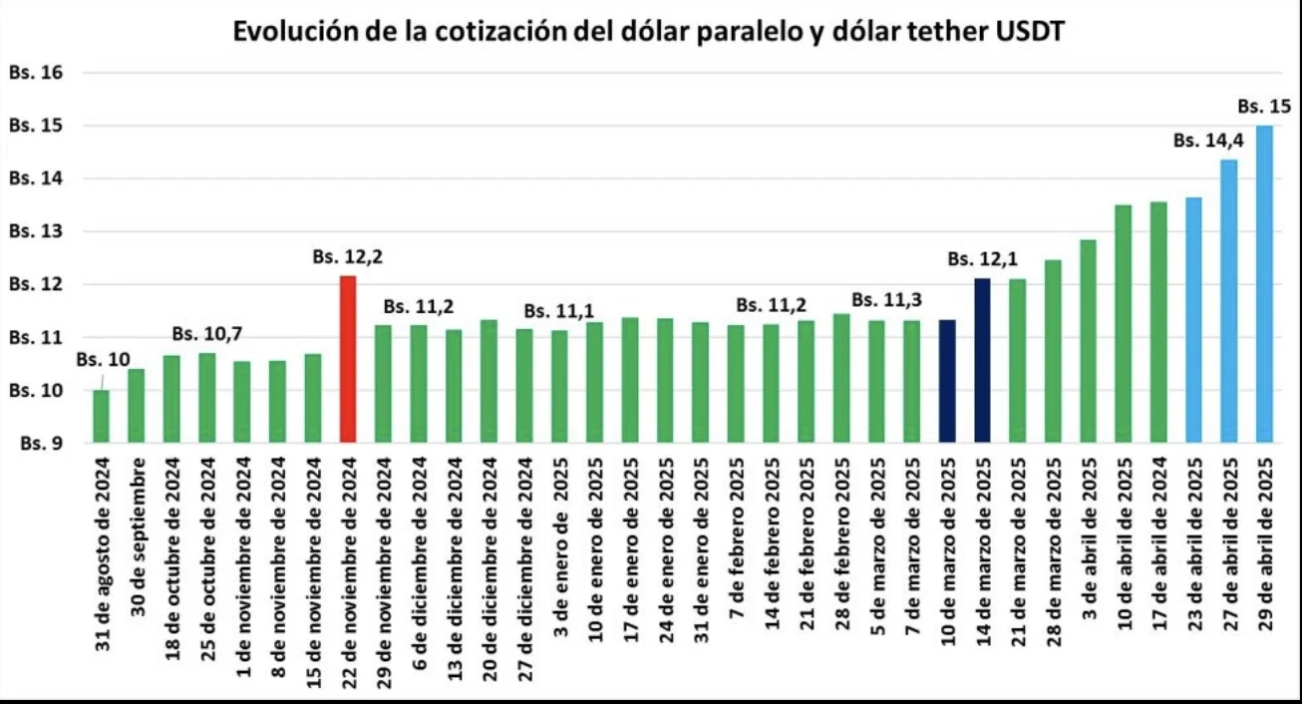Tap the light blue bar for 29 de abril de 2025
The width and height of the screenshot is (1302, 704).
coord(1264,284)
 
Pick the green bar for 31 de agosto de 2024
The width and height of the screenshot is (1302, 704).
coord(101,416)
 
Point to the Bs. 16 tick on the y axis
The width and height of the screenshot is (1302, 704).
coord(36,73)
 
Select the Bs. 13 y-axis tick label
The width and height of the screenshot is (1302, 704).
coord(36,232)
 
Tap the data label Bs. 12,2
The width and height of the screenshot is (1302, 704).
coord(348,257)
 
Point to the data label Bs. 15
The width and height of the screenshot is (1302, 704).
coord(1264,106)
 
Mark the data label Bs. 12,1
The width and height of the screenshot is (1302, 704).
coord(982,259)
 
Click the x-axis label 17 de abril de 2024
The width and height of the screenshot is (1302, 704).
coord(1158,546)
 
